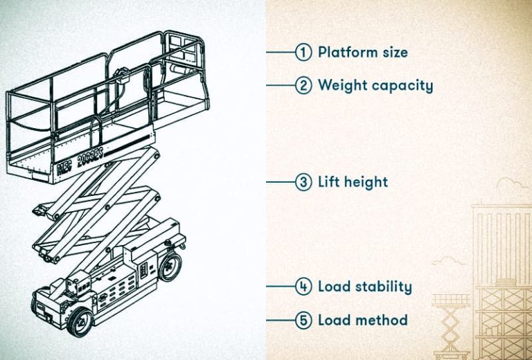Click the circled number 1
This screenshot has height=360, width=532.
click(x=303, y=52)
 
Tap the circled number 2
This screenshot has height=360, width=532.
click(x=303, y=86)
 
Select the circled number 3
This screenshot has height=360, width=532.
click(x=303, y=183)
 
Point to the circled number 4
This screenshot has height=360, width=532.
click(x=303, y=287)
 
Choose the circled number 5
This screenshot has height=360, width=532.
click(x=303, y=321)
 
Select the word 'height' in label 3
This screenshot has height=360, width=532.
click(x=364, y=183)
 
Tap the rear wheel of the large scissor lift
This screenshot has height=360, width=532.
click(x=170, y=266)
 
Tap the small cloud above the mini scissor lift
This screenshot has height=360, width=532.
click(x=446, y=262)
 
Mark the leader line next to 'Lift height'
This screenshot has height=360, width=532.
click(x=281, y=183)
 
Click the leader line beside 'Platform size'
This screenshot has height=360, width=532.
click(x=281, y=52)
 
